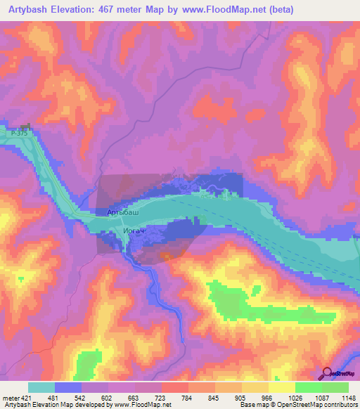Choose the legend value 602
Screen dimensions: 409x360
pos(108,398)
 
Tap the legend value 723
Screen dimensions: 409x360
pos(161,398)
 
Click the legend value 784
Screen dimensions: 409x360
pos(188,398)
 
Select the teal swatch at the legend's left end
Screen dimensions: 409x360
pos(41,387)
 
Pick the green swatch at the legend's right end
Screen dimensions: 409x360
pos(335,387)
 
